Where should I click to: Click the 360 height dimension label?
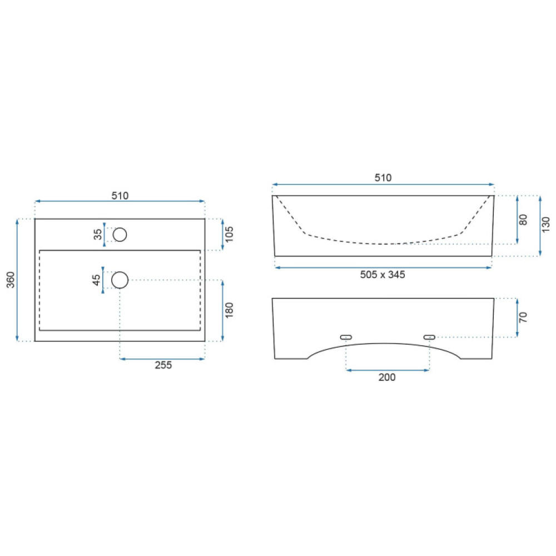[11, 280]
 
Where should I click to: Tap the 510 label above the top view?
[120, 196]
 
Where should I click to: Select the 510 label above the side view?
[383, 178]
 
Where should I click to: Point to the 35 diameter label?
[97, 235]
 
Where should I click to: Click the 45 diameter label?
[96, 280]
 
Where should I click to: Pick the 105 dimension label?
[229, 235]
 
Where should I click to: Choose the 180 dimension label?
[229, 310]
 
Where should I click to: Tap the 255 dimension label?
[163, 365]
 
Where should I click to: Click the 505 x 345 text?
[383, 275]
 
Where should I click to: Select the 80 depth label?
[523, 220]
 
